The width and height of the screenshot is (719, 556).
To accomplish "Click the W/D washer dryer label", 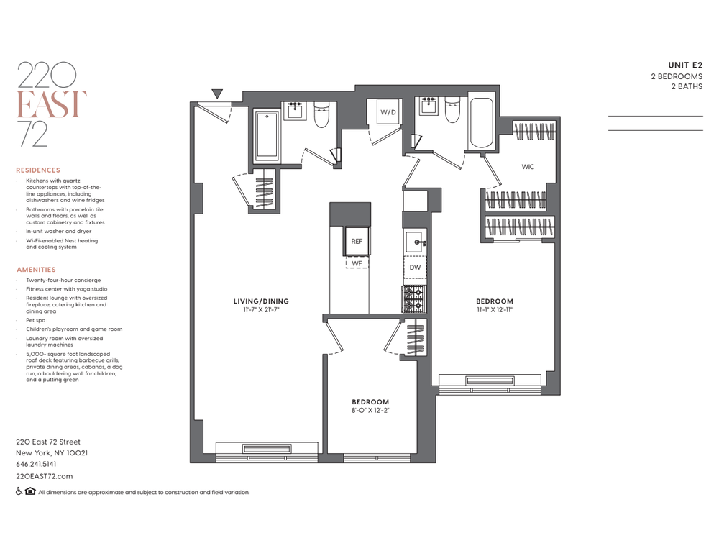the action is point(388,112).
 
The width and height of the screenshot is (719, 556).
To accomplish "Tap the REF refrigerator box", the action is point(357,241).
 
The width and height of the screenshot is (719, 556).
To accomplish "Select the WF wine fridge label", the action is point(357,263).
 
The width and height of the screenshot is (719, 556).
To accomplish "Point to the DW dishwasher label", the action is point(415,268).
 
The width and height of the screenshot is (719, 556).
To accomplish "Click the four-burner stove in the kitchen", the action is point(414,299).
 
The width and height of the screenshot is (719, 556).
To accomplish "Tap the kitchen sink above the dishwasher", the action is point(415,242).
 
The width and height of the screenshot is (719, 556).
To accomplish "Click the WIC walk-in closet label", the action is point(528,167).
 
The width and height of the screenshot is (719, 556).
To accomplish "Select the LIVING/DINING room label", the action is point(262,301).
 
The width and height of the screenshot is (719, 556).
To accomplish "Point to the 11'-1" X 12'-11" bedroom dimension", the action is point(495,310).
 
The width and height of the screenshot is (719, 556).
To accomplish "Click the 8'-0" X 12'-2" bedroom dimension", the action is point(370,411).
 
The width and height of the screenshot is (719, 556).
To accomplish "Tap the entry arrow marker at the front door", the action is point(217,94).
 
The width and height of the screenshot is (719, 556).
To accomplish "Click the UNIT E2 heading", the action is point(685,65).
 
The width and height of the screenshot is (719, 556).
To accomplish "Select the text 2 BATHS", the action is point(687,86).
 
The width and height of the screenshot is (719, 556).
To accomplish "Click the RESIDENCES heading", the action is point(38,170).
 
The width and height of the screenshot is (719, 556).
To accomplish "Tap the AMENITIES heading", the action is point(36,270).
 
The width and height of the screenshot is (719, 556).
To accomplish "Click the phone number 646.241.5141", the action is point(36,464).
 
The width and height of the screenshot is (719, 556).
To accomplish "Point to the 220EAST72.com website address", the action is point(45,476).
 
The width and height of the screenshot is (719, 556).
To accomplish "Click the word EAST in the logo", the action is point(52,104).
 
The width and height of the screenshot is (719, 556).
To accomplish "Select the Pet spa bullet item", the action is point(36,320).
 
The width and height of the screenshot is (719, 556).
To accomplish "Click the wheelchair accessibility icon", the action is point(19,491).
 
